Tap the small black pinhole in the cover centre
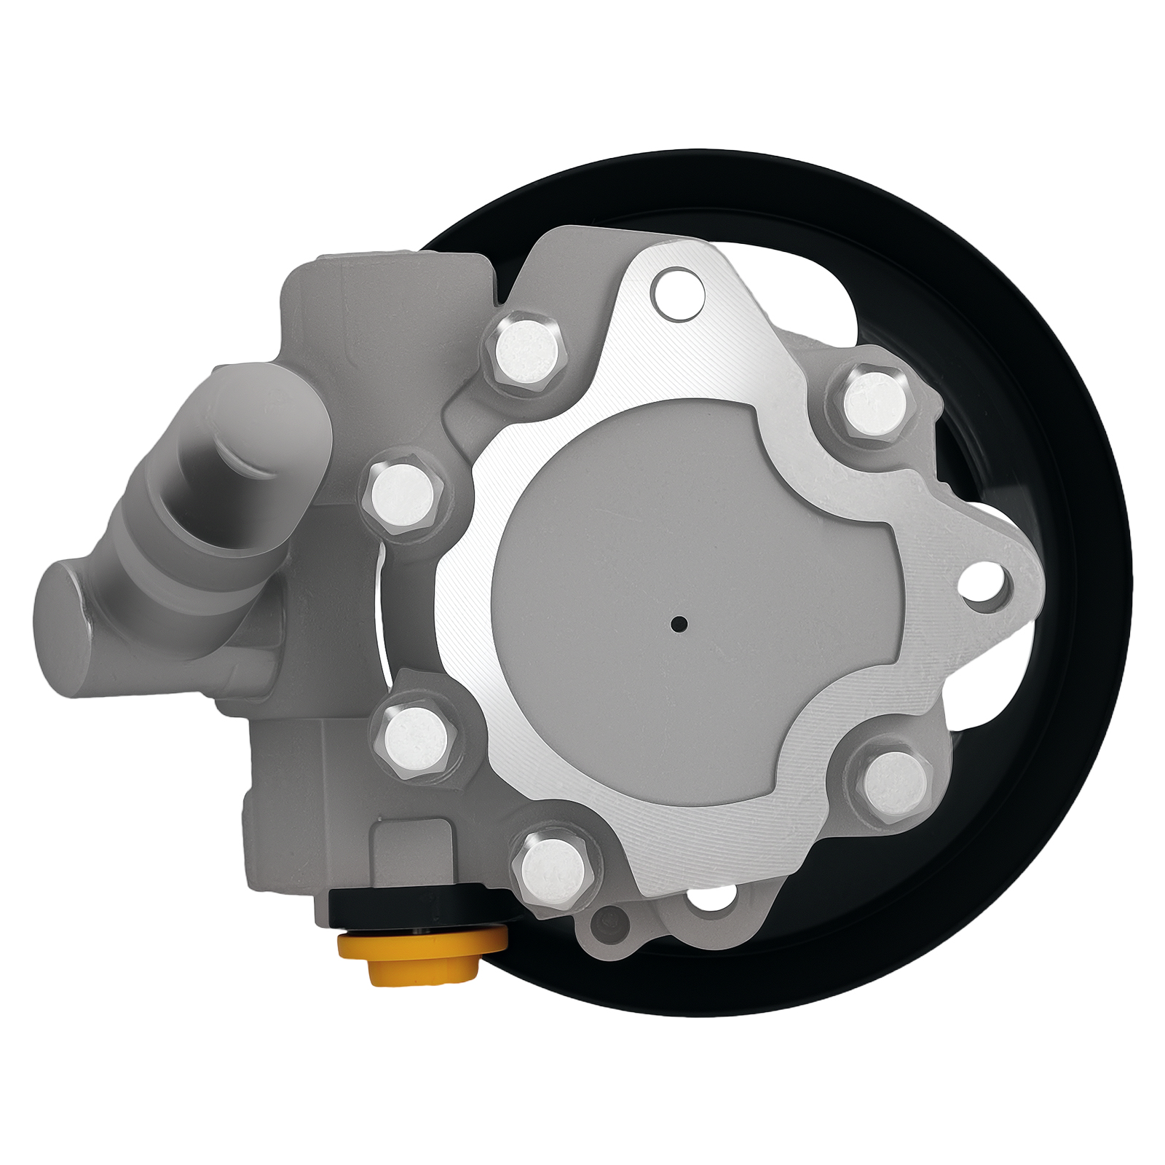pos(679,623)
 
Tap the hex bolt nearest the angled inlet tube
pos(403,496)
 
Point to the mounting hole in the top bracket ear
pos(678,291)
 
